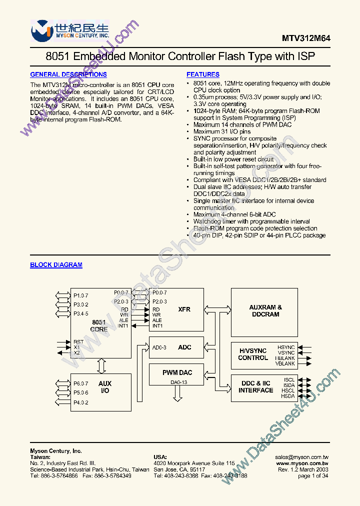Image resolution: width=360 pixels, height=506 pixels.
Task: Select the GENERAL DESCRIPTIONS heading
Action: pos(68,74)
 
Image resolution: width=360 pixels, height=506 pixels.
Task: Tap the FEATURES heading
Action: pos(203,74)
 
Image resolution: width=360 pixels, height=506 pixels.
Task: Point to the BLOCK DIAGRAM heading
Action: pos(56,265)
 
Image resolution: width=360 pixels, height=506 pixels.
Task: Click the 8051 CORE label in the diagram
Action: pos(99,325)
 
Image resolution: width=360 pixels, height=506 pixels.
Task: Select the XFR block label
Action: pos(184,309)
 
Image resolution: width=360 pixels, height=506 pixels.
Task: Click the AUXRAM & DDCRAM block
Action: pos(265,310)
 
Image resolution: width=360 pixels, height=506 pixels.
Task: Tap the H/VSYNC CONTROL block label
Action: pos(253,354)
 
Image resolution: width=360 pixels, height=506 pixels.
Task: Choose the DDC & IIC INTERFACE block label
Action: pos(256,386)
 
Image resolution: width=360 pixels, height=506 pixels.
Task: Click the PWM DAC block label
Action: pos(177,372)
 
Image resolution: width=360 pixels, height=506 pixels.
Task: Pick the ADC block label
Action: pos(184,347)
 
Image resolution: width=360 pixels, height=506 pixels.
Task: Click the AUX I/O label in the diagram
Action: pos(105,387)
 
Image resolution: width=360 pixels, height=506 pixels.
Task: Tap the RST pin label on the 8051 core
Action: pos(79,341)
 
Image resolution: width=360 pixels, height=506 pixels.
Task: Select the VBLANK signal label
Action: pos(285,364)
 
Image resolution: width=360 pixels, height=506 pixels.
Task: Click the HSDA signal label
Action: pos(287,396)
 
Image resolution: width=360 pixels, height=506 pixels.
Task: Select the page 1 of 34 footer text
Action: pos(313,475)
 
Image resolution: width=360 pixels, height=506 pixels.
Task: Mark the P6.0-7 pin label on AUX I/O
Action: pos(80,383)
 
